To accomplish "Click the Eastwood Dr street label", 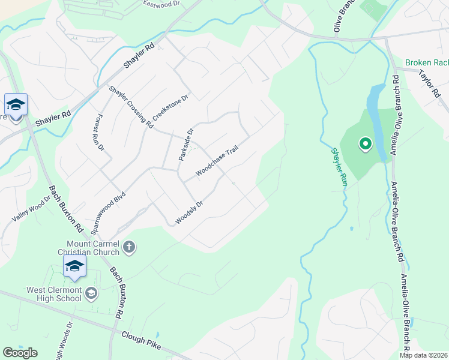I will point(161,4).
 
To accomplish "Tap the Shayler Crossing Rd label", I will point(131,106).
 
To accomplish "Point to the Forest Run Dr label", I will point(100,132).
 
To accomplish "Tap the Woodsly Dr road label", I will point(189,213).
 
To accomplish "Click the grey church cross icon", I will point(129,247).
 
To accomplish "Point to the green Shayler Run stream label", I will point(339,167).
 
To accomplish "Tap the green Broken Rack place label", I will point(426,62).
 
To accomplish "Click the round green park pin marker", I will point(364,144).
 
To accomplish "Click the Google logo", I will point(20,352).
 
